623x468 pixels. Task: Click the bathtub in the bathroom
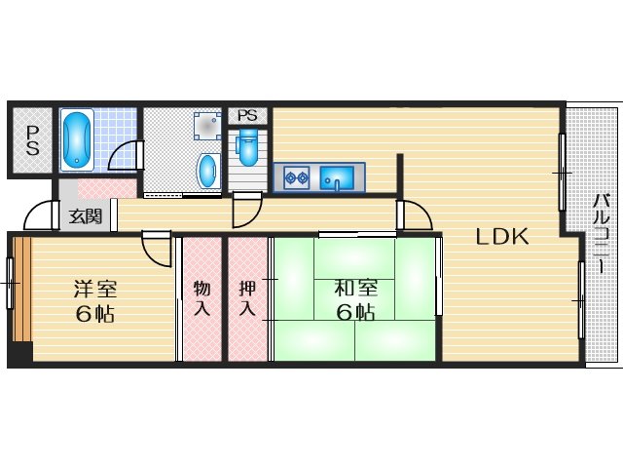(x=77, y=139)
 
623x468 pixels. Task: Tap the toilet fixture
(x=248, y=147)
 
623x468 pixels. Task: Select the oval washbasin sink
(x=208, y=172)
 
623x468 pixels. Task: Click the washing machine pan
(x=207, y=126)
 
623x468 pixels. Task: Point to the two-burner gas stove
(x=297, y=177)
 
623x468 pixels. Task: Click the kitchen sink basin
(x=337, y=177)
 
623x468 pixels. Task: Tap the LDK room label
(x=502, y=236)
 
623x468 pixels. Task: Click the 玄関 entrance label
(x=86, y=216)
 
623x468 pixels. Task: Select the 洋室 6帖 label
(x=95, y=301)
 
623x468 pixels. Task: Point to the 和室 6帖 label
(x=355, y=300)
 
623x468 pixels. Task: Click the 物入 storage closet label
(x=202, y=298)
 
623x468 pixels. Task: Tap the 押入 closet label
(x=247, y=298)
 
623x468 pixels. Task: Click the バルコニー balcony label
(x=602, y=234)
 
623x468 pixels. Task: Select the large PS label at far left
(x=32, y=140)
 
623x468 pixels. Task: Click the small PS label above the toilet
(x=247, y=115)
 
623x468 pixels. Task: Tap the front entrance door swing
(x=39, y=214)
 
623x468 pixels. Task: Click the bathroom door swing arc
(x=126, y=156)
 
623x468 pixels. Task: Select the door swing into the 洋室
(x=157, y=249)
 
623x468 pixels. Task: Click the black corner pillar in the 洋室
(x=20, y=353)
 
